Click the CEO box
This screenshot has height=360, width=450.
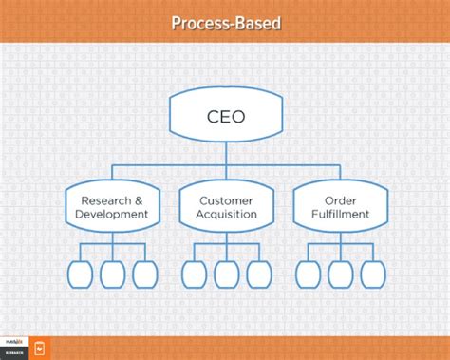pyautogui.click(x=225, y=118)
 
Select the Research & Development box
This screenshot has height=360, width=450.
pyautogui.click(x=114, y=206)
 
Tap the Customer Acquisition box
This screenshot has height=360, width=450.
pyautogui.click(x=227, y=206)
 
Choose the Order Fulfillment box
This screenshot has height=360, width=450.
pyautogui.click(x=340, y=206)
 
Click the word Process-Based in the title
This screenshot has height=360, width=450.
pyautogui.click(x=225, y=22)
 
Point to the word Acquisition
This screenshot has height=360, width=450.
pyautogui.click(x=227, y=215)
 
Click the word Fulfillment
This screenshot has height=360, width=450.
pyautogui.click(x=340, y=215)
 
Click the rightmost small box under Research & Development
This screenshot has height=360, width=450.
pyautogui.click(x=145, y=273)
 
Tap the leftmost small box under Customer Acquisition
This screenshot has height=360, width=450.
pyautogui.click(x=195, y=273)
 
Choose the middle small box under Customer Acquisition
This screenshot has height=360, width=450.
pyautogui.click(x=227, y=273)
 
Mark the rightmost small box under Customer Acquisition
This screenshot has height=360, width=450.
pyautogui.click(x=259, y=273)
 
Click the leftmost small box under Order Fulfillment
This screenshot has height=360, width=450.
pyautogui.click(x=308, y=273)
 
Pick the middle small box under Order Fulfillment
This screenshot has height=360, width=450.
pyautogui.click(x=340, y=273)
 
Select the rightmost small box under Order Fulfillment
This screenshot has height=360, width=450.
pyautogui.click(x=372, y=273)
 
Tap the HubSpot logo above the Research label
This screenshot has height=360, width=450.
pyautogui.click(x=14, y=343)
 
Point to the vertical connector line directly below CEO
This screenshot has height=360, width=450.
pyautogui.click(x=226, y=152)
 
